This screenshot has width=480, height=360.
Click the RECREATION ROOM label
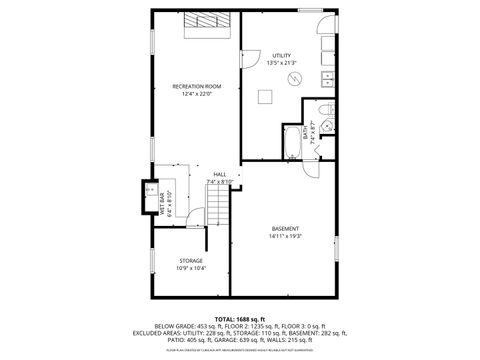click(x=197, y=87)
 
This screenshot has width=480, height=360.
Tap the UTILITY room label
click(x=282, y=55)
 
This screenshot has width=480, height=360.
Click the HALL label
click(x=219, y=174)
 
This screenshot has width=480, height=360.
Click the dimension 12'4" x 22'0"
click(x=197, y=95)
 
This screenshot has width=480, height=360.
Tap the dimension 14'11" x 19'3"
click(x=285, y=237)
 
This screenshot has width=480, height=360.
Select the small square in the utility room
click(x=266, y=96)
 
